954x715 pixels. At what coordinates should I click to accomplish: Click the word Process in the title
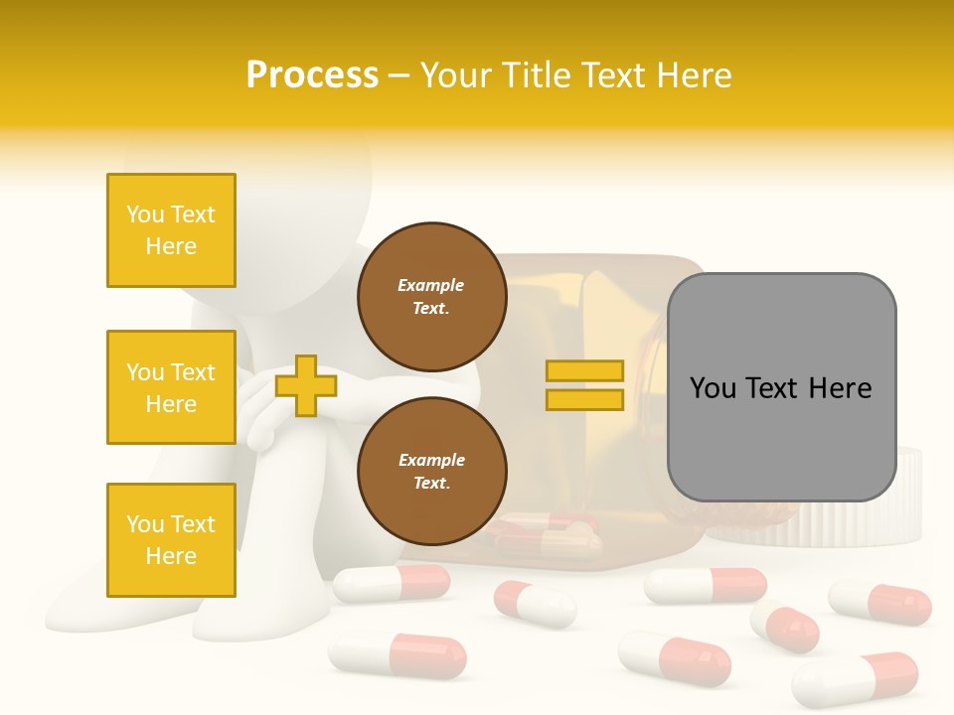312,75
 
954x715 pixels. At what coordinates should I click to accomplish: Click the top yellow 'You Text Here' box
171,230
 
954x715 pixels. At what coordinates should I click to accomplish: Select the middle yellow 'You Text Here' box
171,387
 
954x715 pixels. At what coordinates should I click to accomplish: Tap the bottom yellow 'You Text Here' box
171,540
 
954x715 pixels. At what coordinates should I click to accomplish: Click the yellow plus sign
305,386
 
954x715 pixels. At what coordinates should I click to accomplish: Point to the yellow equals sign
584,385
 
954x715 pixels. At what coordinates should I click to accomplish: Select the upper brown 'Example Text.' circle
431,297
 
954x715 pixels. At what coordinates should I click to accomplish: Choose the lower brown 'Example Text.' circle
431,472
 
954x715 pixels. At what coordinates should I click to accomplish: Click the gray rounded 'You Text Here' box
781,387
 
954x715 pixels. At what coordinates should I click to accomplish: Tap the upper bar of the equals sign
584,371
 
